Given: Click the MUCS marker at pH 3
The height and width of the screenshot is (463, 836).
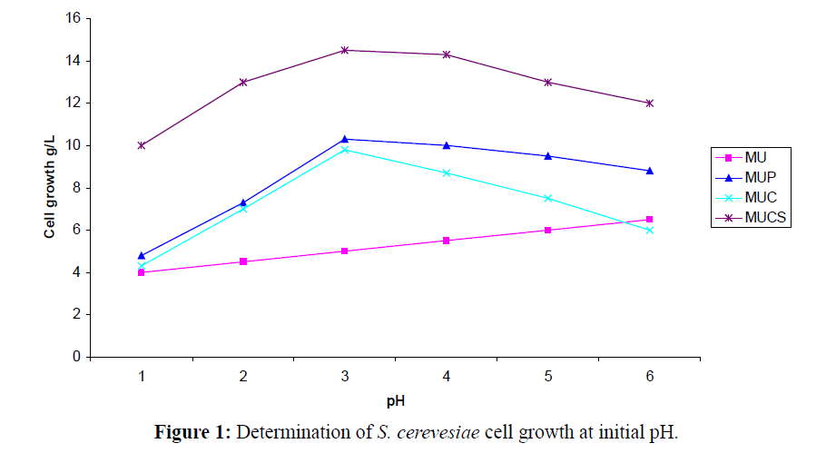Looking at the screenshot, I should click(345, 50).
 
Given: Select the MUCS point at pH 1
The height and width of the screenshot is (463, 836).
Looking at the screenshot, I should click(142, 145).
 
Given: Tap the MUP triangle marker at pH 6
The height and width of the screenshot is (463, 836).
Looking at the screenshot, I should click(650, 171).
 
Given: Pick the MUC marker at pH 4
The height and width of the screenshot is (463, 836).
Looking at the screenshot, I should click(447, 172).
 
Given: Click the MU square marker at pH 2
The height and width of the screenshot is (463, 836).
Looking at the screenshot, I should click(243, 261).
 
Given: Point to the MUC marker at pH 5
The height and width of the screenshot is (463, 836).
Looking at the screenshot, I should click(548, 198).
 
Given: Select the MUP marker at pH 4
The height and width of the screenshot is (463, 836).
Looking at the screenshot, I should click(447, 145).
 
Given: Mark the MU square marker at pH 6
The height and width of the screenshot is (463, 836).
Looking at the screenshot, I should click(650, 219).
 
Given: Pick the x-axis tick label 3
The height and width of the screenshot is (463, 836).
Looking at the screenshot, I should click(345, 375).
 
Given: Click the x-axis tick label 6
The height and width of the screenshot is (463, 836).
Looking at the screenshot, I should click(650, 375).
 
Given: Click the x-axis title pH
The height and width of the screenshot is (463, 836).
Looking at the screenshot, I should click(396, 399).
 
